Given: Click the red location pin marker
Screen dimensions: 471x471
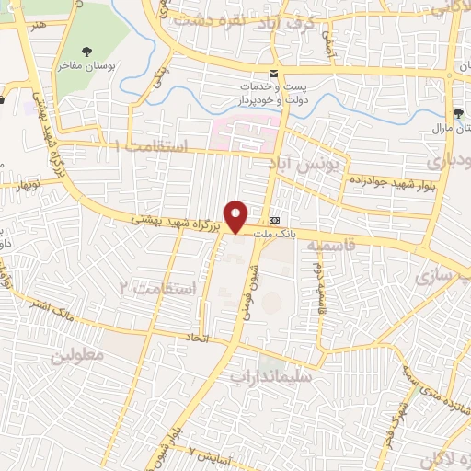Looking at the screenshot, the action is (x=236, y=215).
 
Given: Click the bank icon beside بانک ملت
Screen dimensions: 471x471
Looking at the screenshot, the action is (x=275, y=220).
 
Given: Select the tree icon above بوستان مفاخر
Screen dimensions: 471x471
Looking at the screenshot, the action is (x=87, y=52).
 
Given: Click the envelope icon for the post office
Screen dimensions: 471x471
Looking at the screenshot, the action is (x=272, y=73).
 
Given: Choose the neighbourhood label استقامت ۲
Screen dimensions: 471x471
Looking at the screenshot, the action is (x=158, y=289).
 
